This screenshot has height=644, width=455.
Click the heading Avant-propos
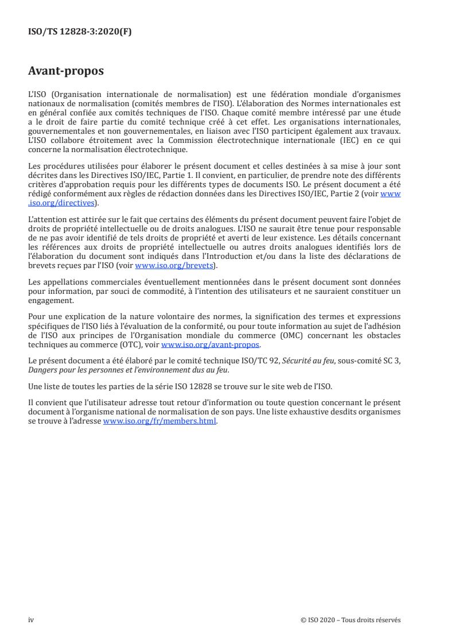pos(66,71)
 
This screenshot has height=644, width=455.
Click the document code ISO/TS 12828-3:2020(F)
pos(80,32)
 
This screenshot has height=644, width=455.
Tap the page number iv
pos(32,619)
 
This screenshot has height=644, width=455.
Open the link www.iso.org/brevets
pos(173,266)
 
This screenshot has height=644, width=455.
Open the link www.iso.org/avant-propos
pos(210,345)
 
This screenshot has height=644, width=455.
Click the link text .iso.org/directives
pos(63,203)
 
